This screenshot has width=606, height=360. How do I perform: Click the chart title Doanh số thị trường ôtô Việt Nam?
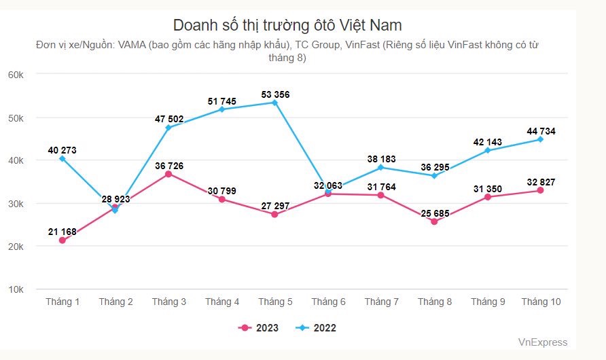[x=287, y=26]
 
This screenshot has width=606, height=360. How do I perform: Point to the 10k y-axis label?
[x=16, y=289]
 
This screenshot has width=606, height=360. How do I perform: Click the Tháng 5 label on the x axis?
[x=274, y=302]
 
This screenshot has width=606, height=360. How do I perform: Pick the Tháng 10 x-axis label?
[x=541, y=302]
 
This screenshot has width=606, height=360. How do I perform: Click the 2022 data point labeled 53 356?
[x=274, y=103]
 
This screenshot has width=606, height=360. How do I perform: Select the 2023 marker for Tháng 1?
[x=63, y=240]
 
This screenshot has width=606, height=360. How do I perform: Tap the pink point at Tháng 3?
[x=168, y=174]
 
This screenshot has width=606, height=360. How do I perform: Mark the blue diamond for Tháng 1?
[x=63, y=158]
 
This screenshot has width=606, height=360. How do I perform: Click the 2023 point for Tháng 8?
[x=434, y=221]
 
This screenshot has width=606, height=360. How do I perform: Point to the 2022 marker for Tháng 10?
[x=541, y=139]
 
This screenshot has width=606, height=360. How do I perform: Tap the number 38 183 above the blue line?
[x=381, y=158]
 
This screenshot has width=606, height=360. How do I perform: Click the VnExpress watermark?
[x=542, y=342]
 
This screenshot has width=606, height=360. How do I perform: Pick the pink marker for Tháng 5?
[x=274, y=215]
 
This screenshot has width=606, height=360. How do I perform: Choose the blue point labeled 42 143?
[x=488, y=150]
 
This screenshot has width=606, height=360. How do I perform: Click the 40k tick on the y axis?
[x=16, y=160]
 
